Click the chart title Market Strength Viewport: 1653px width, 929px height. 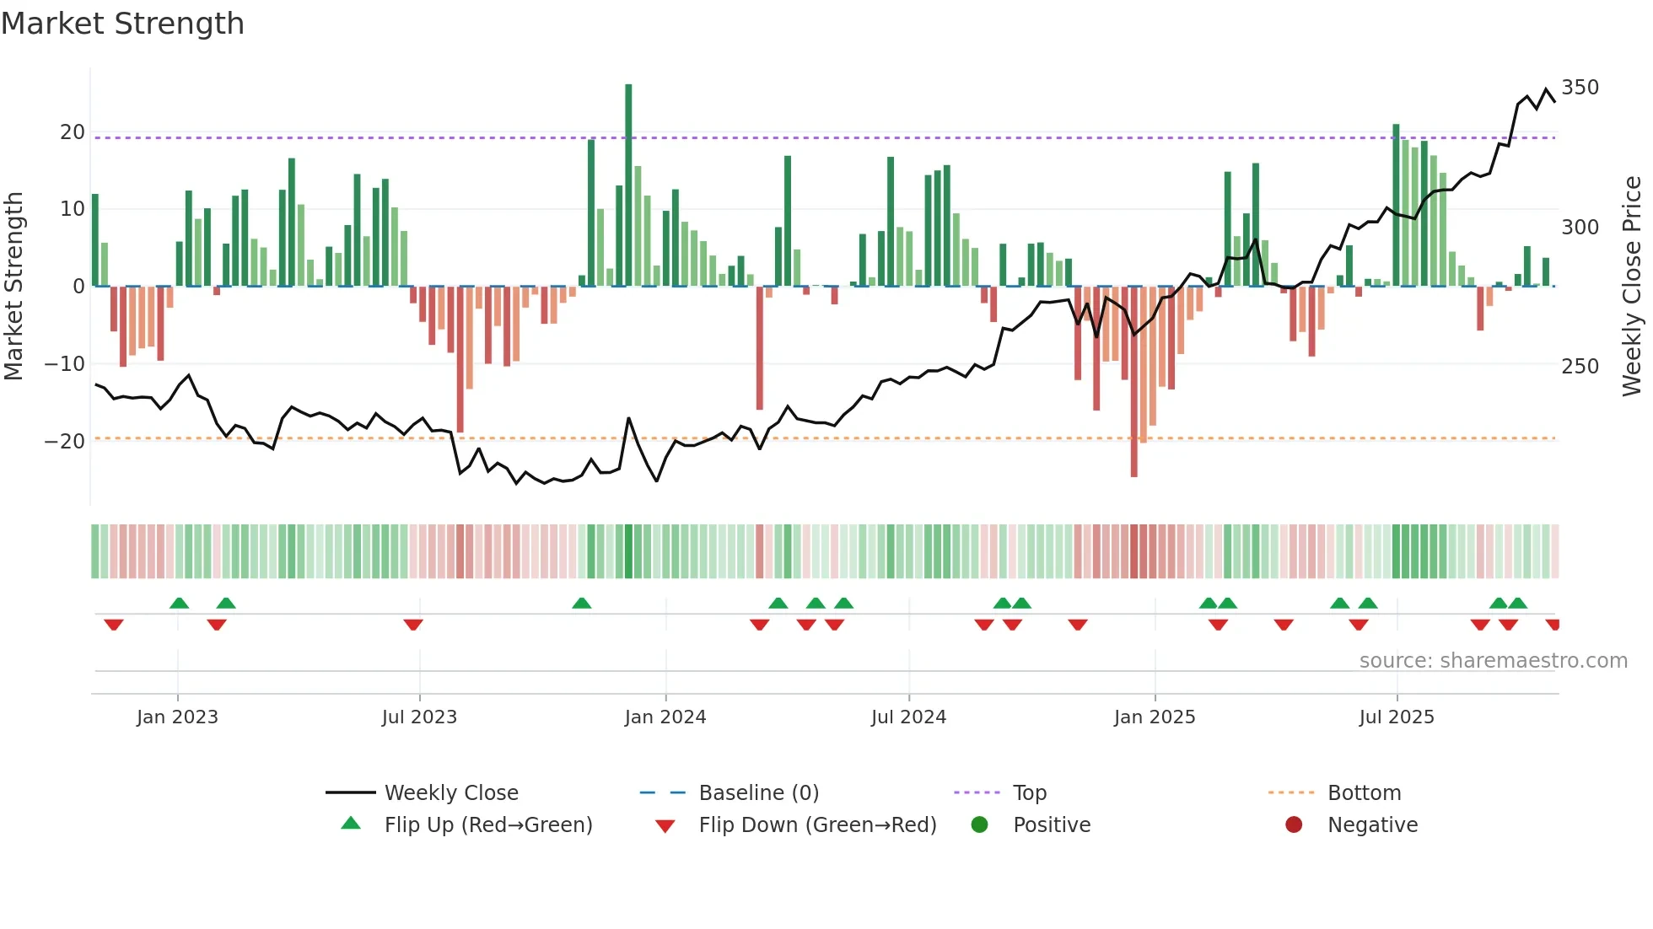[122, 24]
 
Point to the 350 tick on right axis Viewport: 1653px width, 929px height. [1580, 88]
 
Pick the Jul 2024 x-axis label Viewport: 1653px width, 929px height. [908, 717]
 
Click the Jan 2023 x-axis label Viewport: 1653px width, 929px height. [177, 717]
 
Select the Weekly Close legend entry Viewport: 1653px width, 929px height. [450, 793]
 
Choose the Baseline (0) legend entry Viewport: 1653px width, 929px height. [758, 793]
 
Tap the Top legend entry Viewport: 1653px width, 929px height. [1029, 793]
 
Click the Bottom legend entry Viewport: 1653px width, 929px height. [1364, 793]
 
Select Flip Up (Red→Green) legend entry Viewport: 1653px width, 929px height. [487, 825]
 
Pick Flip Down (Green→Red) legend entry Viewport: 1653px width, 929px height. [817, 825]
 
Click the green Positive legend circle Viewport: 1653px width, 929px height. [979, 824]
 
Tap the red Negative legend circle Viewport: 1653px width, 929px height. [1294, 824]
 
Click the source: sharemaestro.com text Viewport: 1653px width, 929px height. [1493, 661]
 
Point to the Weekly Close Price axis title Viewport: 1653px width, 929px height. [1632, 287]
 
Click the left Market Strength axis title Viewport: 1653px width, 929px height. [14, 287]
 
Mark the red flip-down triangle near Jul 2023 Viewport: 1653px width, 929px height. [413, 625]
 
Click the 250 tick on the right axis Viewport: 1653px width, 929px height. [1580, 367]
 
